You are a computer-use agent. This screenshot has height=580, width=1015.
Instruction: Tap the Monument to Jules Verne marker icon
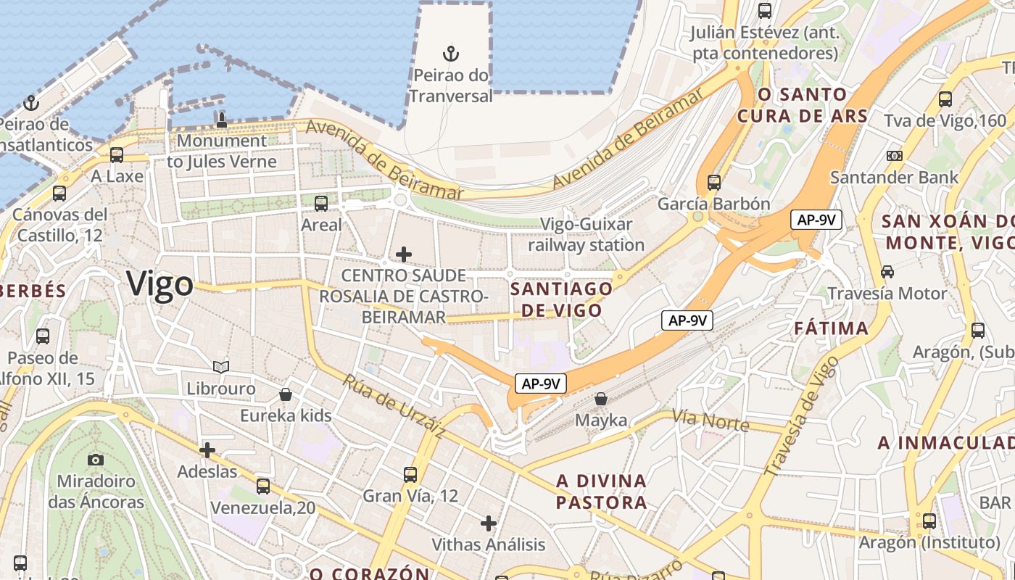pyautogui.click(x=222, y=120)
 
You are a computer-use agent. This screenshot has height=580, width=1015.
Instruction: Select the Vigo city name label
pyautogui.click(x=160, y=283)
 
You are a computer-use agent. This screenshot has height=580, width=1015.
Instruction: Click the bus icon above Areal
pyautogui.click(x=321, y=204)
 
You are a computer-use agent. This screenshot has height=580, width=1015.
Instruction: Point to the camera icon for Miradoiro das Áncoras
pyautogui.click(x=95, y=460)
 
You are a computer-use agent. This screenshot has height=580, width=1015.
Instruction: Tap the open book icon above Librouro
pyautogui.click(x=221, y=368)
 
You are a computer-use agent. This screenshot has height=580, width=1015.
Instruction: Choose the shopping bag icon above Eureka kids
pyautogui.click(x=286, y=394)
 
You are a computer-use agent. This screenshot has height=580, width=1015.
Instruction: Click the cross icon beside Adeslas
pyautogui.click(x=207, y=450)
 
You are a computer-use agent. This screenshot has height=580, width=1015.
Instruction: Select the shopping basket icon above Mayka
pyautogui.click(x=601, y=399)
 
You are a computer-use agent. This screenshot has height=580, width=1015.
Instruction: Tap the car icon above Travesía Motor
pyautogui.click(x=887, y=272)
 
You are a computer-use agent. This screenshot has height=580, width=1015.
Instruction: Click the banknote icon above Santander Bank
pyautogui.click(x=895, y=155)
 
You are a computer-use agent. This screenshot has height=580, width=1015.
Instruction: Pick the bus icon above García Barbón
pyautogui.click(x=714, y=182)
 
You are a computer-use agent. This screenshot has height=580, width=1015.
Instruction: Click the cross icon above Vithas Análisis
pyautogui.click(x=489, y=523)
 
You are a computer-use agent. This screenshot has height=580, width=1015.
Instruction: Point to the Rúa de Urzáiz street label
pyautogui.click(x=393, y=406)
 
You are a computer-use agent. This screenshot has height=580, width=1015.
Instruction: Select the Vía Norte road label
pyautogui.click(x=710, y=420)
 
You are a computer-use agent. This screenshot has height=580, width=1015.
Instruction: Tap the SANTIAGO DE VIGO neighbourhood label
pyautogui.click(x=561, y=299)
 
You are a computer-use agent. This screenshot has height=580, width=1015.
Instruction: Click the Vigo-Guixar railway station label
pyautogui.click(x=587, y=234)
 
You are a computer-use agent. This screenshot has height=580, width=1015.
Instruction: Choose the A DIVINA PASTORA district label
pyautogui.click(x=601, y=492)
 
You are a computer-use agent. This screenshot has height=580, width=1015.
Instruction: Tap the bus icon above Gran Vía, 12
pyautogui.click(x=410, y=475)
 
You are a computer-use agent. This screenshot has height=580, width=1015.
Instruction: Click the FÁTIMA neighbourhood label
pyautogui.click(x=832, y=328)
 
